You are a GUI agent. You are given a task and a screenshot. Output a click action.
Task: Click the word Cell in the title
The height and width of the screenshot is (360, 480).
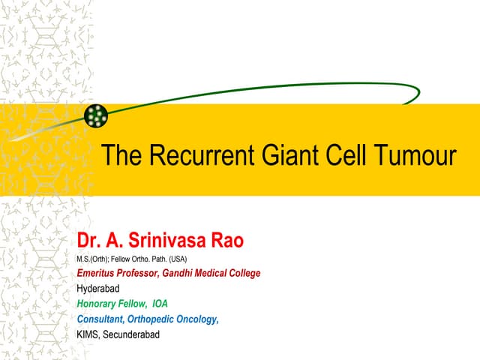click(x=342, y=156)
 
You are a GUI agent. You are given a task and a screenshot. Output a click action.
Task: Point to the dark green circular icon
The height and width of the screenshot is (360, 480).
click(x=96, y=115)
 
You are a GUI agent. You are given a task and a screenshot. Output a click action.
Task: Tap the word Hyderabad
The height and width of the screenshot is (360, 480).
click(x=98, y=289)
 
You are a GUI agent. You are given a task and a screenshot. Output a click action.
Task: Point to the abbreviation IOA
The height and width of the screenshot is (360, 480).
click(x=160, y=304)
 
